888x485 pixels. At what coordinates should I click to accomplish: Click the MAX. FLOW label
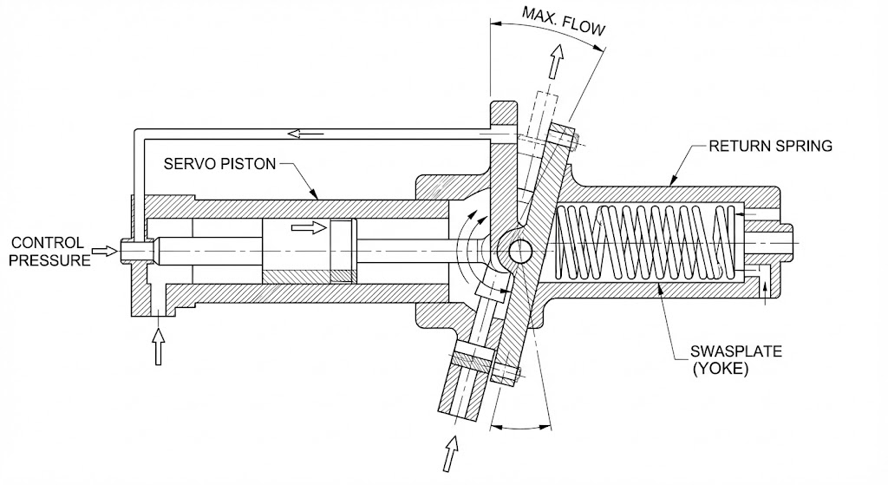563,21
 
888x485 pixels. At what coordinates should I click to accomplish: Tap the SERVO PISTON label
219,164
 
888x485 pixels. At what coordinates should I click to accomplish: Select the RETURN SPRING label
770,146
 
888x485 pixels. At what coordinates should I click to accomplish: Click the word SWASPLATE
735,351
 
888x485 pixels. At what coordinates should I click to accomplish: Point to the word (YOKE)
721,369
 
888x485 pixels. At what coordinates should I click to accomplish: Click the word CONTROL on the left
48,243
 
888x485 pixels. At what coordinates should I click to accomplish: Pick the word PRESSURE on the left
49,260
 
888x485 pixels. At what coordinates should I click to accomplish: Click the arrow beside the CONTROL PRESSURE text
105,251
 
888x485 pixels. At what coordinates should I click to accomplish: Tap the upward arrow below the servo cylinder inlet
159,345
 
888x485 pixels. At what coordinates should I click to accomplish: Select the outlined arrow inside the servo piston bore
310,228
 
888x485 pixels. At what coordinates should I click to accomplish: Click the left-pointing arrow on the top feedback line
306,134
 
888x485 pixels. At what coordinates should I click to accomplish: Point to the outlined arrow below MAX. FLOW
557,62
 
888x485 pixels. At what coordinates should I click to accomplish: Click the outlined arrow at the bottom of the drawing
450,453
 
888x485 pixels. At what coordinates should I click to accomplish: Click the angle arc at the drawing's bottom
520,426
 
